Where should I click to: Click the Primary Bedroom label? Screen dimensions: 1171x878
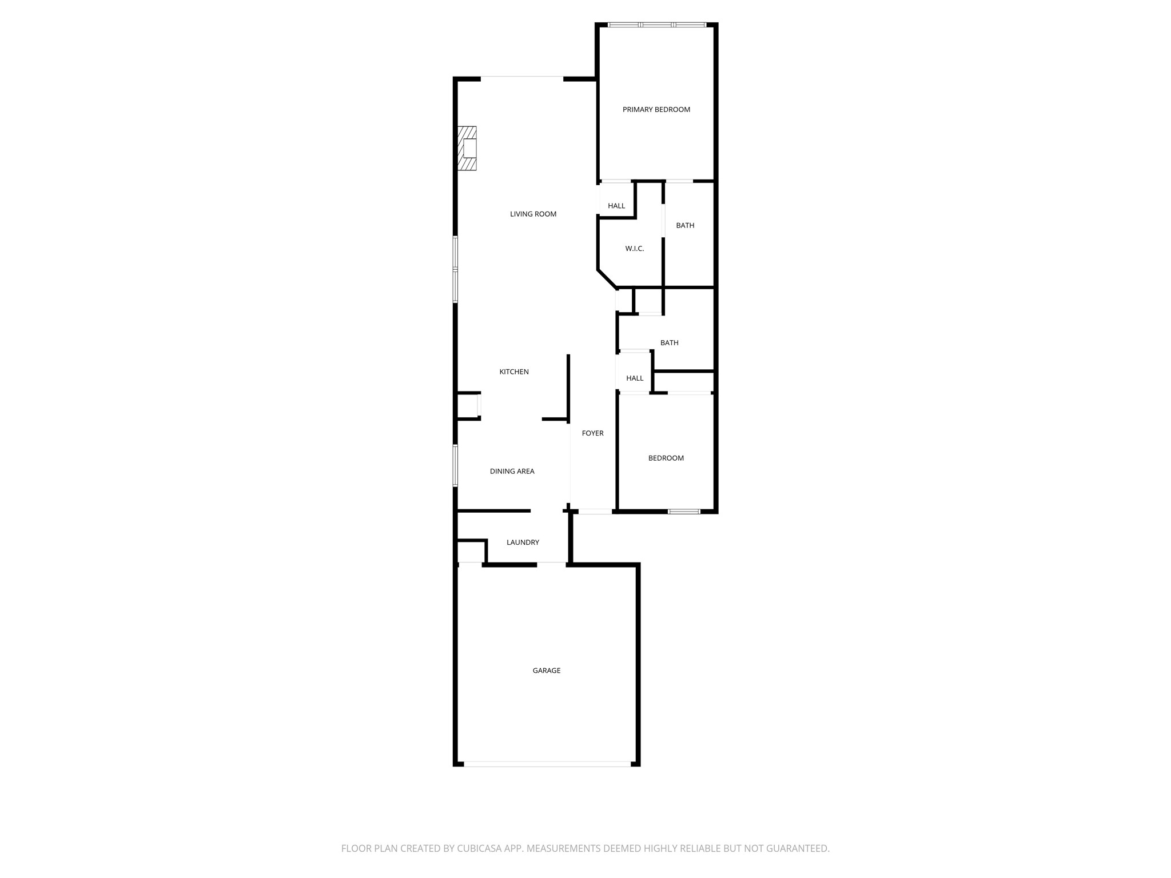point(656,110)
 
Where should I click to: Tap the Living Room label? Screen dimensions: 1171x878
point(533,214)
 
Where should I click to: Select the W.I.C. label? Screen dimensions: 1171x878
point(635,249)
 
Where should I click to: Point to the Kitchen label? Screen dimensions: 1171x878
point(514,372)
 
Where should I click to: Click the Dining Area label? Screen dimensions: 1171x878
point(512,472)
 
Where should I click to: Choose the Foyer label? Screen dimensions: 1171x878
point(593,433)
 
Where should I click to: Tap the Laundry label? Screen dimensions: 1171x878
point(523,542)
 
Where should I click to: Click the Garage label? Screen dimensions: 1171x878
point(547,671)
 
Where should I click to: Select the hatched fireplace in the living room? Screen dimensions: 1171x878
point(467,148)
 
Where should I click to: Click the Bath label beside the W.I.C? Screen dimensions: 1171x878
point(685,226)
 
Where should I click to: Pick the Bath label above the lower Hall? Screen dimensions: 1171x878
point(670,343)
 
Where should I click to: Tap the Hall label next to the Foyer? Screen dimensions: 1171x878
point(635,378)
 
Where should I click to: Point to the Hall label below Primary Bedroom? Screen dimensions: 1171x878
point(616,206)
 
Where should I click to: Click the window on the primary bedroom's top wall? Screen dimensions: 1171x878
point(657,25)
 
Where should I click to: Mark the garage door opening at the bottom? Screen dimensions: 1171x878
point(547,763)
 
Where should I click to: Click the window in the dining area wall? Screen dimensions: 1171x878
point(456,466)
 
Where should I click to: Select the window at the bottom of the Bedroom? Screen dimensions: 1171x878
point(684,512)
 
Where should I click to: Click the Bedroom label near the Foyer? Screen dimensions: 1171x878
point(666,458)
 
